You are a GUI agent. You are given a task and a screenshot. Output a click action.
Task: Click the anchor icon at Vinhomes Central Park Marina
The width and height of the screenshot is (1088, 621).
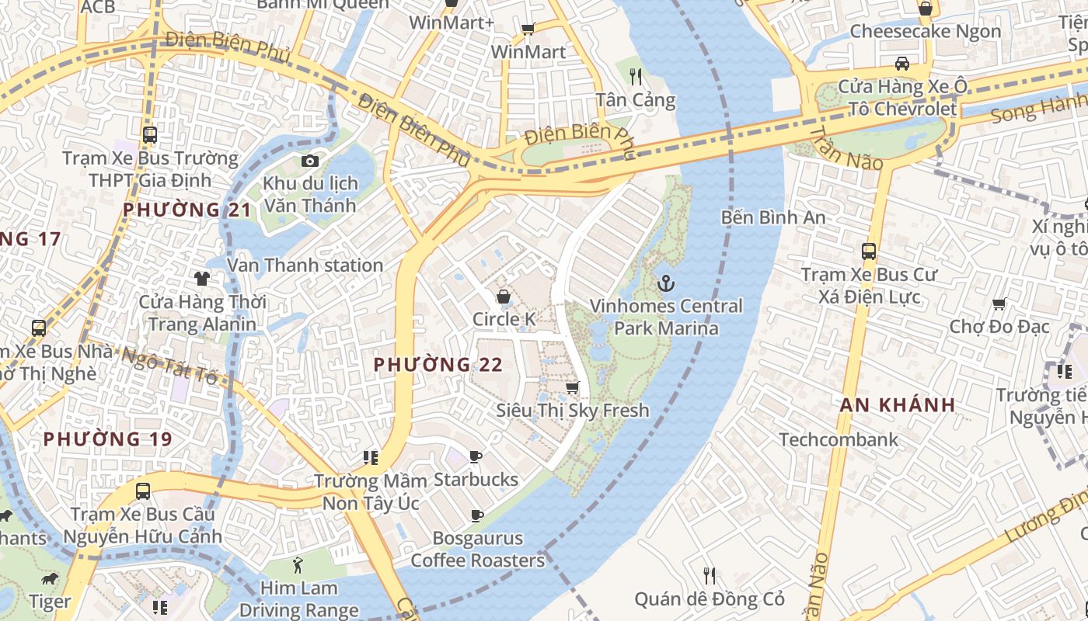(x=665, y=283)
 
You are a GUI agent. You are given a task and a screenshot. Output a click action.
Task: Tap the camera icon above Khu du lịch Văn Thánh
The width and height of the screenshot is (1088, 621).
(x=310, y=161)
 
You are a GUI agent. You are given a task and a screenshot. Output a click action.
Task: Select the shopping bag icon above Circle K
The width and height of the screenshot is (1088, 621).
(x=504, y=297)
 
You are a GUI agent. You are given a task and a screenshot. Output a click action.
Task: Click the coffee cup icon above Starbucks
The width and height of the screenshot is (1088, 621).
(x=476, y=456)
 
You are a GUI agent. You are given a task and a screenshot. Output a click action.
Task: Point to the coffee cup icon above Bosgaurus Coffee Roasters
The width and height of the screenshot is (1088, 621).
(x=477, y=515)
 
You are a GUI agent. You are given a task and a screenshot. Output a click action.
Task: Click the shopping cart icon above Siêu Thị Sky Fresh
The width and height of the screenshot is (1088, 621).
(x=573, y=387)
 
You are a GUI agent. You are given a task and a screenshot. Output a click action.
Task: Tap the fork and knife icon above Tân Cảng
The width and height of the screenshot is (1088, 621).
(x=636, y=76)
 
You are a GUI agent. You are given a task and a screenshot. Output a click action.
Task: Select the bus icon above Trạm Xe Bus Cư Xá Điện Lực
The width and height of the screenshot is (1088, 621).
(x=869, y=252)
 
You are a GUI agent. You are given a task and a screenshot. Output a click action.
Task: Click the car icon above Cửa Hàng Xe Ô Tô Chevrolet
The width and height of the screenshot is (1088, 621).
(x=901, y=64)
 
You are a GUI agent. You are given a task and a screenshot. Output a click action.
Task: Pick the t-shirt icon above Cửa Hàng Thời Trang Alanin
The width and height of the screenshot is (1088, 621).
(x=202, y=278)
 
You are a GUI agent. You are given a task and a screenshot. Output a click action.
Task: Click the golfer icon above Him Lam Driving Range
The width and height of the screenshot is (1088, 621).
(x=297, y=564)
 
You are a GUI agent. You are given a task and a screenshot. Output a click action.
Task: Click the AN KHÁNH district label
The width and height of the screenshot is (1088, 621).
(x=898, y=404)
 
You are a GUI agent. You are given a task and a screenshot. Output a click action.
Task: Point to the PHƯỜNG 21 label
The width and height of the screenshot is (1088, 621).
(x=187, y=210)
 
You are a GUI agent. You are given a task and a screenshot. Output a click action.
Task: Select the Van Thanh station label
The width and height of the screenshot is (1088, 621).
(x=305, y=265)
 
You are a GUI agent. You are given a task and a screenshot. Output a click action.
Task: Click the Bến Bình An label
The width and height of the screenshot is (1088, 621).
(x=773, y=217)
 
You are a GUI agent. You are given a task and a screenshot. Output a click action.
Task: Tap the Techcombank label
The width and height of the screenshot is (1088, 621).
(x=839, y=439)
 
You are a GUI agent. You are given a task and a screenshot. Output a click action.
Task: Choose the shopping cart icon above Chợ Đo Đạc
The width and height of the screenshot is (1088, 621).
(x=999, y=304)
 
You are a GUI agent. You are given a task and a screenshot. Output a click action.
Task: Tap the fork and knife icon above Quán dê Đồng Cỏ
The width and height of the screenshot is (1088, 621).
(x=709, y=575)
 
